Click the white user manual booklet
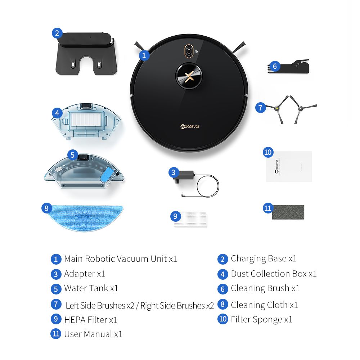tap(289, 166)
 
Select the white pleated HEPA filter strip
tap(191, 219)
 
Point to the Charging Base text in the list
tap(258, 258)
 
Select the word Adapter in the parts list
tap(79, 274)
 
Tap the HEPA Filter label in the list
tap(86, 319)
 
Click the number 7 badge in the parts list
tap(56, 304)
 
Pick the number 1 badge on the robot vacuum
tap(144, 55)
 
